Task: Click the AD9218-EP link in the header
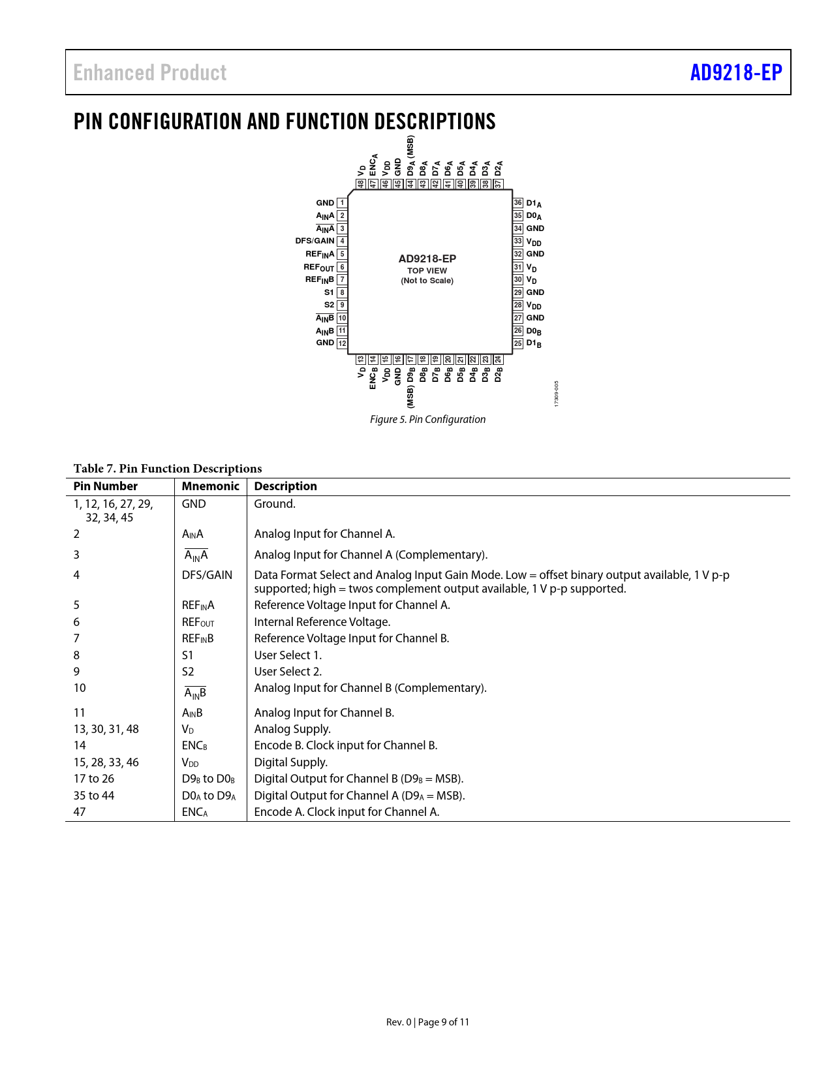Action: (735, 72)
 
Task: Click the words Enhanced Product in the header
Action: (149, 72)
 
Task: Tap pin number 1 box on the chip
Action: (342, 203)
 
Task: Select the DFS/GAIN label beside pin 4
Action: (315, 241)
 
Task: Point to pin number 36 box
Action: (518, 203)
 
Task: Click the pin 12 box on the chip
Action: (342, 343)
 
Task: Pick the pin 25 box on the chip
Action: (518, 343)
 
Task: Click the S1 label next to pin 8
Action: (329, 292)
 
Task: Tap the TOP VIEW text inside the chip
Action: (427, 271)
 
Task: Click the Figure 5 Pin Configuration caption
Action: (427, 419)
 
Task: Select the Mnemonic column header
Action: (210, 486)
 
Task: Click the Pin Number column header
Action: (106, 486)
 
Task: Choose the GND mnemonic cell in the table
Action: (194, 504)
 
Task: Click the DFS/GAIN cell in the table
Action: (207, 575)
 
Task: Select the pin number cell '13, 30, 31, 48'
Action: (106, 729)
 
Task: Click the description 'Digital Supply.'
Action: (291, 762)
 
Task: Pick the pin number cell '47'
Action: (80, 812)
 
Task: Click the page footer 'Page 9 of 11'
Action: (443, 1022)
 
